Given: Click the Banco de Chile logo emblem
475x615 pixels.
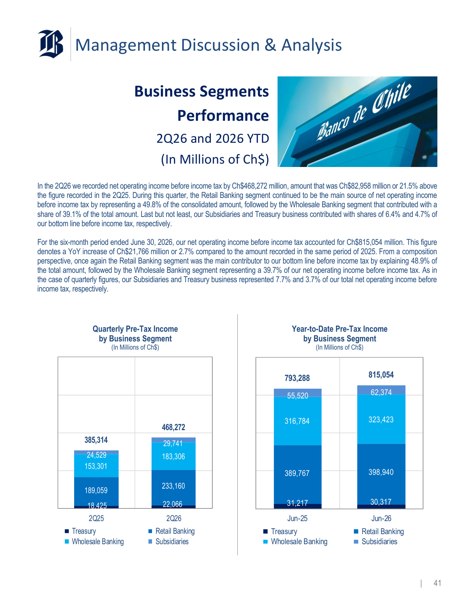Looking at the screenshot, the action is coord(51,44).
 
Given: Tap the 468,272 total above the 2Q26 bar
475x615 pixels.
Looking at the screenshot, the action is coord(174,427).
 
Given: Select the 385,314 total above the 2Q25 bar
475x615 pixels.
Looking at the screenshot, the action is coord(96,440).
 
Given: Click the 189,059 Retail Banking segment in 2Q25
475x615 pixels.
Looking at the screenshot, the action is coord(96,491).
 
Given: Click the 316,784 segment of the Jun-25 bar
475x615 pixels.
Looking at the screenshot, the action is coord(297,421).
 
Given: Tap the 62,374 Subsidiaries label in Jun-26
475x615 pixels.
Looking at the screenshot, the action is coord(381,392).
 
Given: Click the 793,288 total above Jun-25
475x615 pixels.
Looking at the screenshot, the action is coord(297,378).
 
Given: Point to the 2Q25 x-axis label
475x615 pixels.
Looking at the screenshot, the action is coord(96,518).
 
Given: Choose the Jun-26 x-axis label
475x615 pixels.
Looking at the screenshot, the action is coord(381,518).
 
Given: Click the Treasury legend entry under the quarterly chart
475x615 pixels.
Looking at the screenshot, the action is coord(80,531).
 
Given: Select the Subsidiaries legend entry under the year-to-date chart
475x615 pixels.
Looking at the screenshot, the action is coord(376,542).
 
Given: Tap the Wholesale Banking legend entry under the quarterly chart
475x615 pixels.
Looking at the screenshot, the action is coord(94,542).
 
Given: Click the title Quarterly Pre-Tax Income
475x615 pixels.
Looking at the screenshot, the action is coord(135,329).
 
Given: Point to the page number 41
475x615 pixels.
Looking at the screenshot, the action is coord(437,583).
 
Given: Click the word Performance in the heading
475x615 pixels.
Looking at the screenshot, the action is coord(223,116).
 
